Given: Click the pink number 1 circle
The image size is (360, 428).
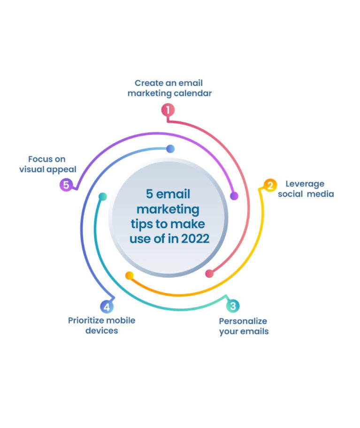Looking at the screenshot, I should (x=168, y=110).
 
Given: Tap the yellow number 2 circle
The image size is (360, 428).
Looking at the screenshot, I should (x=270, y=185).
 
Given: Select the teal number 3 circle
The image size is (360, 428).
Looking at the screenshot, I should (x=233, y=306).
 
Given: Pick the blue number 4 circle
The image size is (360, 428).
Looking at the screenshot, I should (x=107, y=307).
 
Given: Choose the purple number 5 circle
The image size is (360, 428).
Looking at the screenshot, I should (x=66, y=185).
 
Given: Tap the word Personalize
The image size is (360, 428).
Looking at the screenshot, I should (x=243, y=321).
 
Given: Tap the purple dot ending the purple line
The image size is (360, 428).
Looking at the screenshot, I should (x=234, y=196).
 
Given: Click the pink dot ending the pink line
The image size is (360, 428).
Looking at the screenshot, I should (x=209, y=274).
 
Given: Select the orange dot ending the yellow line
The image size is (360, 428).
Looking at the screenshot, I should (x=130, y=275).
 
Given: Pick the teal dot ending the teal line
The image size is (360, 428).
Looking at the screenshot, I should (x=103, y=197).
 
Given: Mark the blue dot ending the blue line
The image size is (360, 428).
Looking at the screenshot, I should (x=170, y=149).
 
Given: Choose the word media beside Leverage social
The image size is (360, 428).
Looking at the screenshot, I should (x=321, y=194).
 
